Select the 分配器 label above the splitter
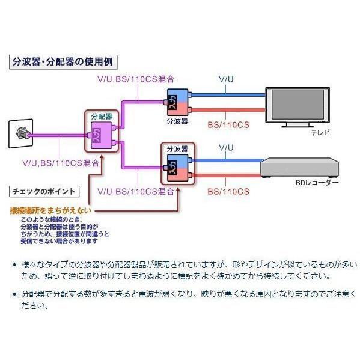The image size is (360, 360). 100,114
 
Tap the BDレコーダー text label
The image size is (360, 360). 317,182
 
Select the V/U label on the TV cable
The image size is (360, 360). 225,78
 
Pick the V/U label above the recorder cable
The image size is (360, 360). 225,147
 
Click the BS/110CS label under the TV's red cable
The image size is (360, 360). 227,124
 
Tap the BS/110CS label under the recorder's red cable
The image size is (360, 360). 227,191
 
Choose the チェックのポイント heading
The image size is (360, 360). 43,191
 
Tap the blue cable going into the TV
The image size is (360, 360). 228,94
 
